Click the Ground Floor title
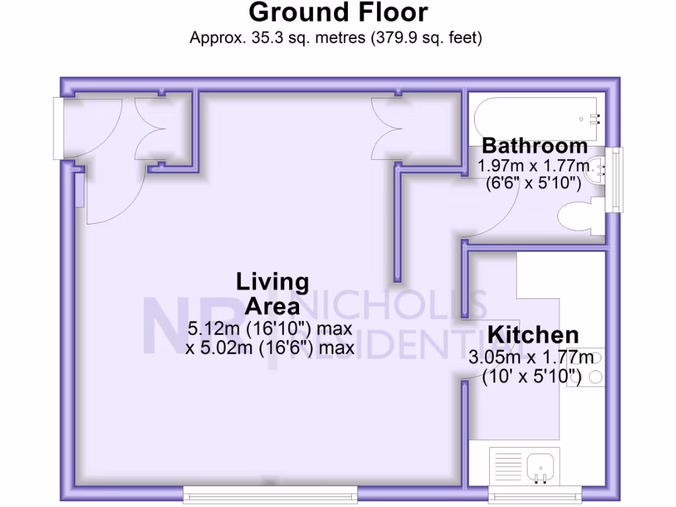click(x=338, y=13)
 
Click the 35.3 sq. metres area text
click(x=277, y=38)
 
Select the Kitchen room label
click(x=533, y=335)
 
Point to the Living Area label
click(x=272, y=294)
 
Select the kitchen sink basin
click(x=543, y=466)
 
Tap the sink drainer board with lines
click(x=508, y=466)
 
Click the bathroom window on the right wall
click(x=618, y=179)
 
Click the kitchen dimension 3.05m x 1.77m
click(x=531, y=358)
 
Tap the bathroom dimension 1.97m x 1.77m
click(x=533, y=166)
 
